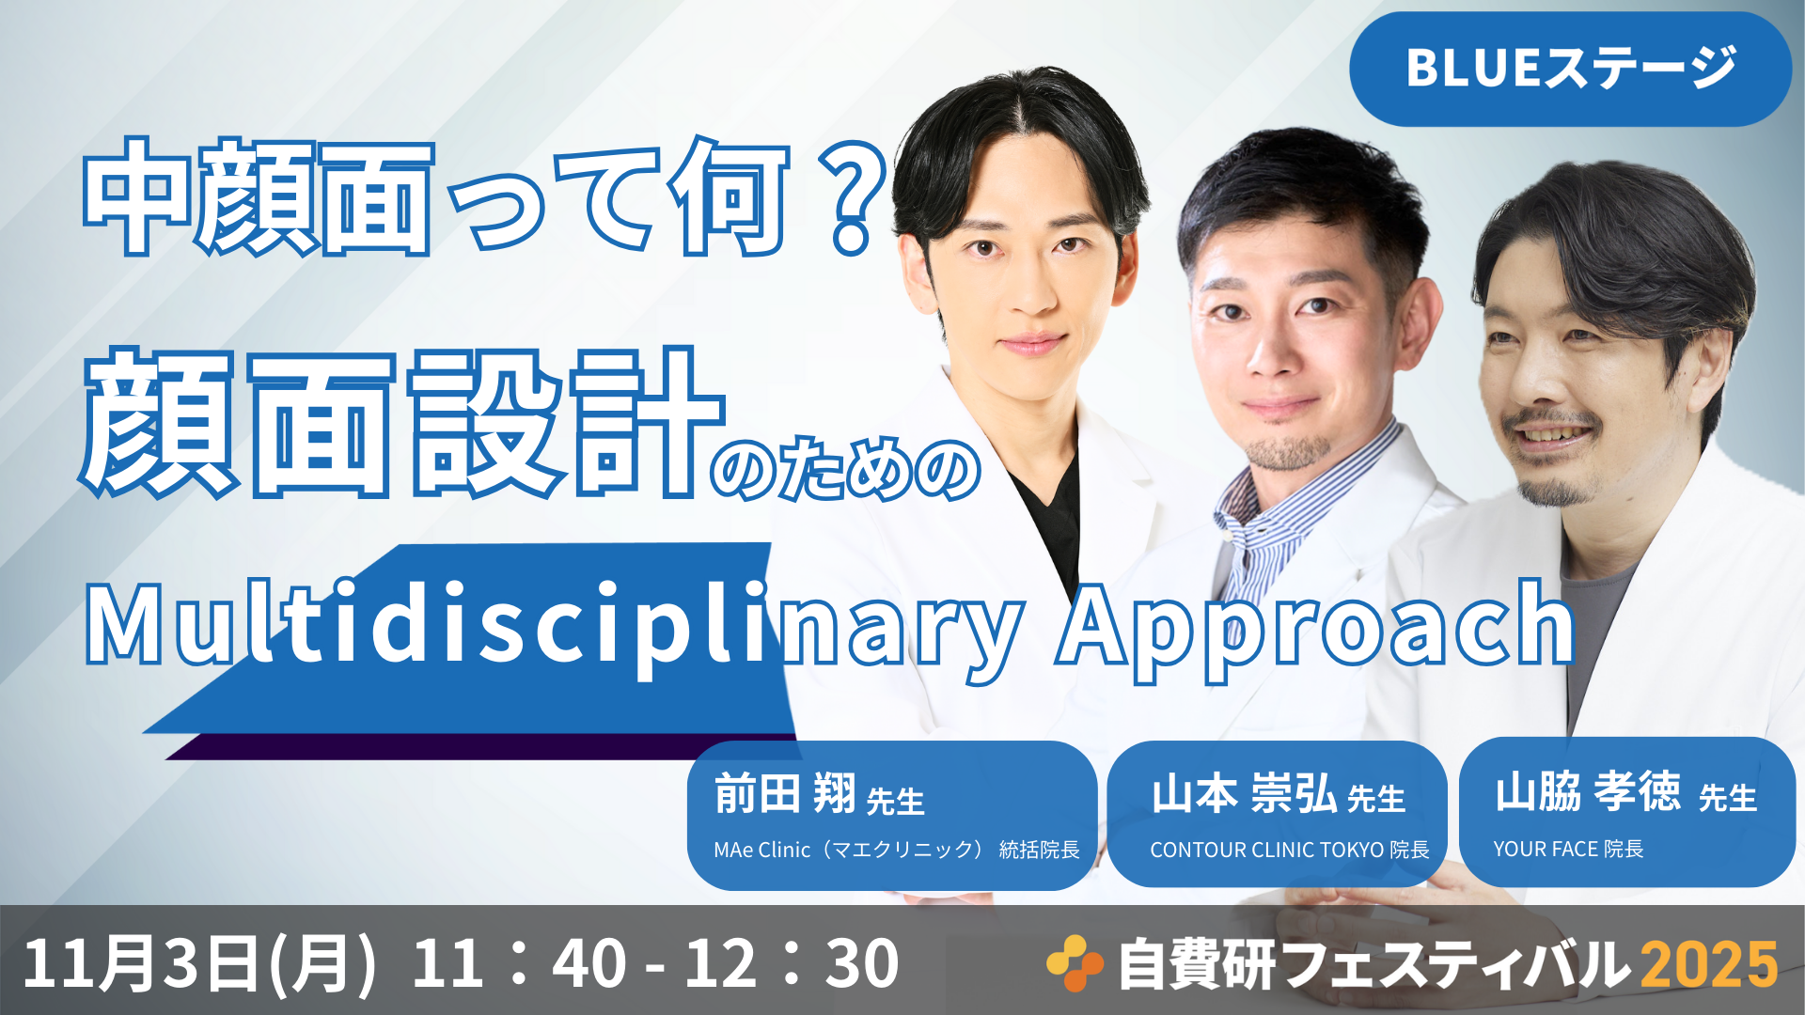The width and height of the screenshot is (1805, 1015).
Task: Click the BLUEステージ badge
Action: pos(1570,69)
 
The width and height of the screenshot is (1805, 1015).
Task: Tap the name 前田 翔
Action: pos(785,793)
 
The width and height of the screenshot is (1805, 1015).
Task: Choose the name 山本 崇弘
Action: pos(1244,793)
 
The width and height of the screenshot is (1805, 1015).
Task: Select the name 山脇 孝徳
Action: pos(1588,791)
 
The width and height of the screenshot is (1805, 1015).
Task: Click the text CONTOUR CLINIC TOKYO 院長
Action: pos(1289,850)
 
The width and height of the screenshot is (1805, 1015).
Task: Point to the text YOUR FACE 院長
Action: pos(1568,849)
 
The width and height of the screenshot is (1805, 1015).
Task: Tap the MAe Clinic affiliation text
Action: pos(897,850)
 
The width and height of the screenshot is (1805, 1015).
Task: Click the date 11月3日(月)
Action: pos(199,963)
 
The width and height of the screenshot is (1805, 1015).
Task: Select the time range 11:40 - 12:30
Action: pos(655,963)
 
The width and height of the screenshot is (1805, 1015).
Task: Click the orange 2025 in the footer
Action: pos(1710,965)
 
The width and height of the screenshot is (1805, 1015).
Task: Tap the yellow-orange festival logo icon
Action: pos(1075,963)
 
